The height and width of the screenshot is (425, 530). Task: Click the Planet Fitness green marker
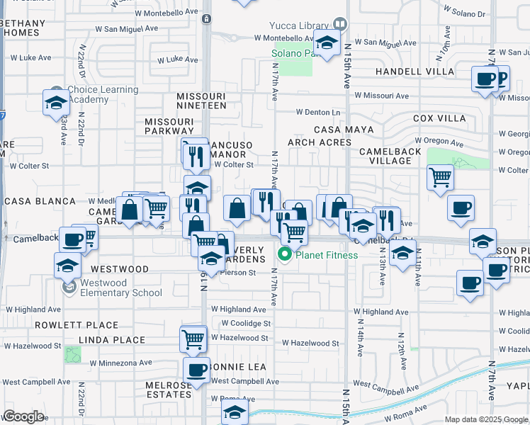point(286,255)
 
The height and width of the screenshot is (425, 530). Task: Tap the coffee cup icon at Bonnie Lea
point(196,369)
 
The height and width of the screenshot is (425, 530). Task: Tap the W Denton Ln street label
point(318,112)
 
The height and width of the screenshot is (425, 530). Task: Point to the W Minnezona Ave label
point(120,363)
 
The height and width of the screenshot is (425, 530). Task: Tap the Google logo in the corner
point(23,416)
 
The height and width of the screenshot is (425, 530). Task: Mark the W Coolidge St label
point(246,323)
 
